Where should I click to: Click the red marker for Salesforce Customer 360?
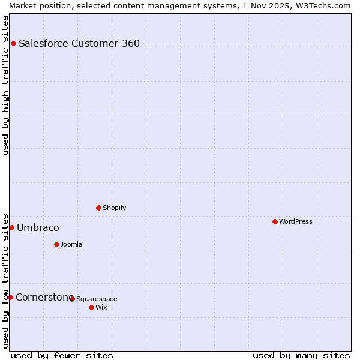click(x=13, y=43)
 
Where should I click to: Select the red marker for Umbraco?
click(x=11, y=227)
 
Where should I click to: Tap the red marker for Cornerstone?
click(x=10, y=297)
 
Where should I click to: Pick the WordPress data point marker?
click(x=275, y=221)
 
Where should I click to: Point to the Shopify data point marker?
click(x=98, y=208)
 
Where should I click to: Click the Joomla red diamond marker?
click(x=56, y=244)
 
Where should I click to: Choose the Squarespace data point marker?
click(x=72, y=299)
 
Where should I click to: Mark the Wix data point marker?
click(x=91, y=307)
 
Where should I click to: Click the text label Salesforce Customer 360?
click(x=79, y=43)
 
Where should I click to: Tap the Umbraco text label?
click(x=38, y=227)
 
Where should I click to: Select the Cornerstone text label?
click(x=44, y=297)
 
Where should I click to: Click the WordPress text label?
click(x=296, y=221)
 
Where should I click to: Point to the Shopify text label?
click(x=114, y=208)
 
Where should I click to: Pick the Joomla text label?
click(x=71, y=244)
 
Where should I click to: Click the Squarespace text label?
click(x=97, y=299)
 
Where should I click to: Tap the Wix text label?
click(x=101, y=307)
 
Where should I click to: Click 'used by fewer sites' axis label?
click(x=62, y=355)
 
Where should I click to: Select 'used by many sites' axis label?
click(x=301, y=355)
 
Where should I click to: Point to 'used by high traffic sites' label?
click(x=5, y=85)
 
